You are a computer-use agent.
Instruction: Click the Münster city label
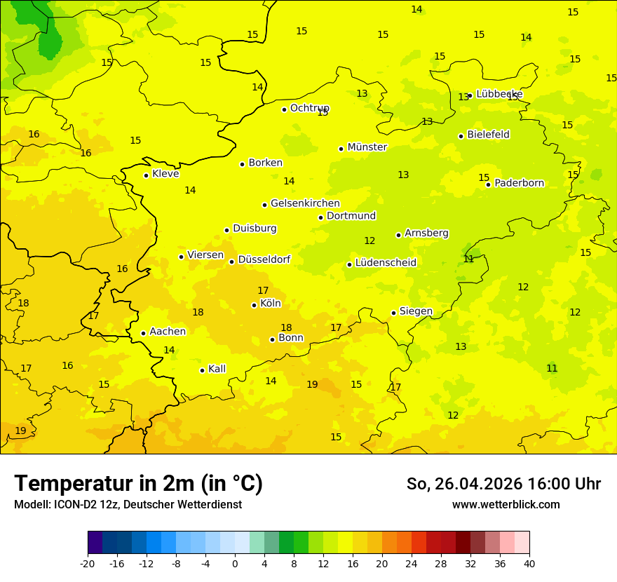pos(367,147)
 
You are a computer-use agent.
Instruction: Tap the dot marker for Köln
pos(254,305)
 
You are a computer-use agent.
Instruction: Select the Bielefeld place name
pos(488,135)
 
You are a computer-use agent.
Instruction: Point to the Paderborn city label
pos(519,184)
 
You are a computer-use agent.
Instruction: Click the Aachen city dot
pos(143,333)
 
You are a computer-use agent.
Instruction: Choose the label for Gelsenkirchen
pos(305,203)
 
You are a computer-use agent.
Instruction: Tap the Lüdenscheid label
pos(386,263)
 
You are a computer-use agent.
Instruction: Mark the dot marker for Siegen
pos(393,313)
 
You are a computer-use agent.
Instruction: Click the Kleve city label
pos(165,174)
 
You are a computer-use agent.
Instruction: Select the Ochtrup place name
pos(309,108)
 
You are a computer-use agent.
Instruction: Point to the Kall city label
pos(217,369)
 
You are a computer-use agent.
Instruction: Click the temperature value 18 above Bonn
pos(286,327)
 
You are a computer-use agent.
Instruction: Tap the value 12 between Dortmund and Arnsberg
pos(369,241)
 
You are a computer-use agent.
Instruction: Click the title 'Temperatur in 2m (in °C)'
pos(138,483)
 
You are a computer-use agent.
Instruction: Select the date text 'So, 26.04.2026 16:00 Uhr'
pos(503,484)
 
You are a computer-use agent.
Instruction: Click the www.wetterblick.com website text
pos(506,505)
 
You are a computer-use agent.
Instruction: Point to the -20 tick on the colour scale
pos(88,563)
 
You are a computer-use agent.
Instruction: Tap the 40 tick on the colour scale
pos(529,563)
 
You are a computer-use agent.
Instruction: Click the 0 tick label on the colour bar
pos(235,563)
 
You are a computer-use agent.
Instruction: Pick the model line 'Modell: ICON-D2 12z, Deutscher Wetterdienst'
pos(128,505)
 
